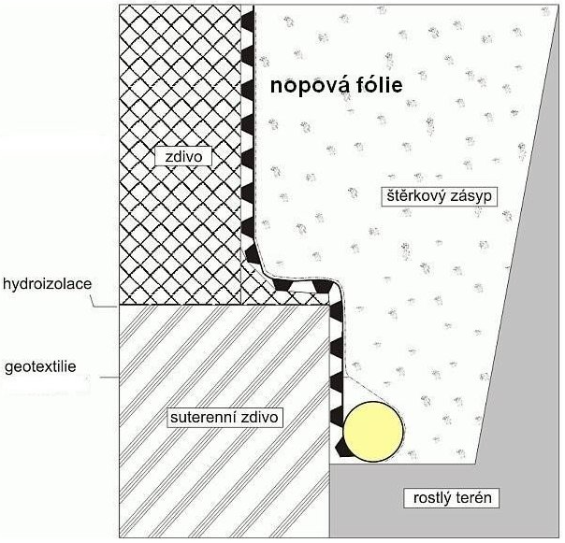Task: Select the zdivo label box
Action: click(x=184, y=157)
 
